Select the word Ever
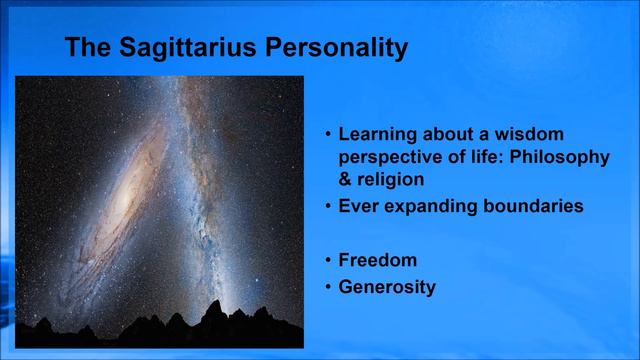(x=358, y=207)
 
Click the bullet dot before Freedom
(x=327, y=261)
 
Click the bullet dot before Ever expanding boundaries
(x=327, y=208)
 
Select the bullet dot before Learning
(x=327, y=133)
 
